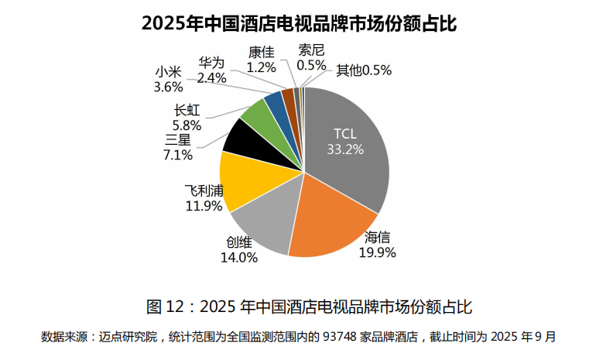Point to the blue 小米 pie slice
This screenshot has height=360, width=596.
[274, 102]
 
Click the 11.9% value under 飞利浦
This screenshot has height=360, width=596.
[203, 206]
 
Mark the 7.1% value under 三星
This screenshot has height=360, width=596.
[178, 154]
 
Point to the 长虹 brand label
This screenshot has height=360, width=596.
[187, 110]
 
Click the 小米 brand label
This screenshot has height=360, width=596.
[168, 73]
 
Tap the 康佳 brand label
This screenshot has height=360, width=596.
[261, 53]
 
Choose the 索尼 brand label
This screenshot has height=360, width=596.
[311, 51]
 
